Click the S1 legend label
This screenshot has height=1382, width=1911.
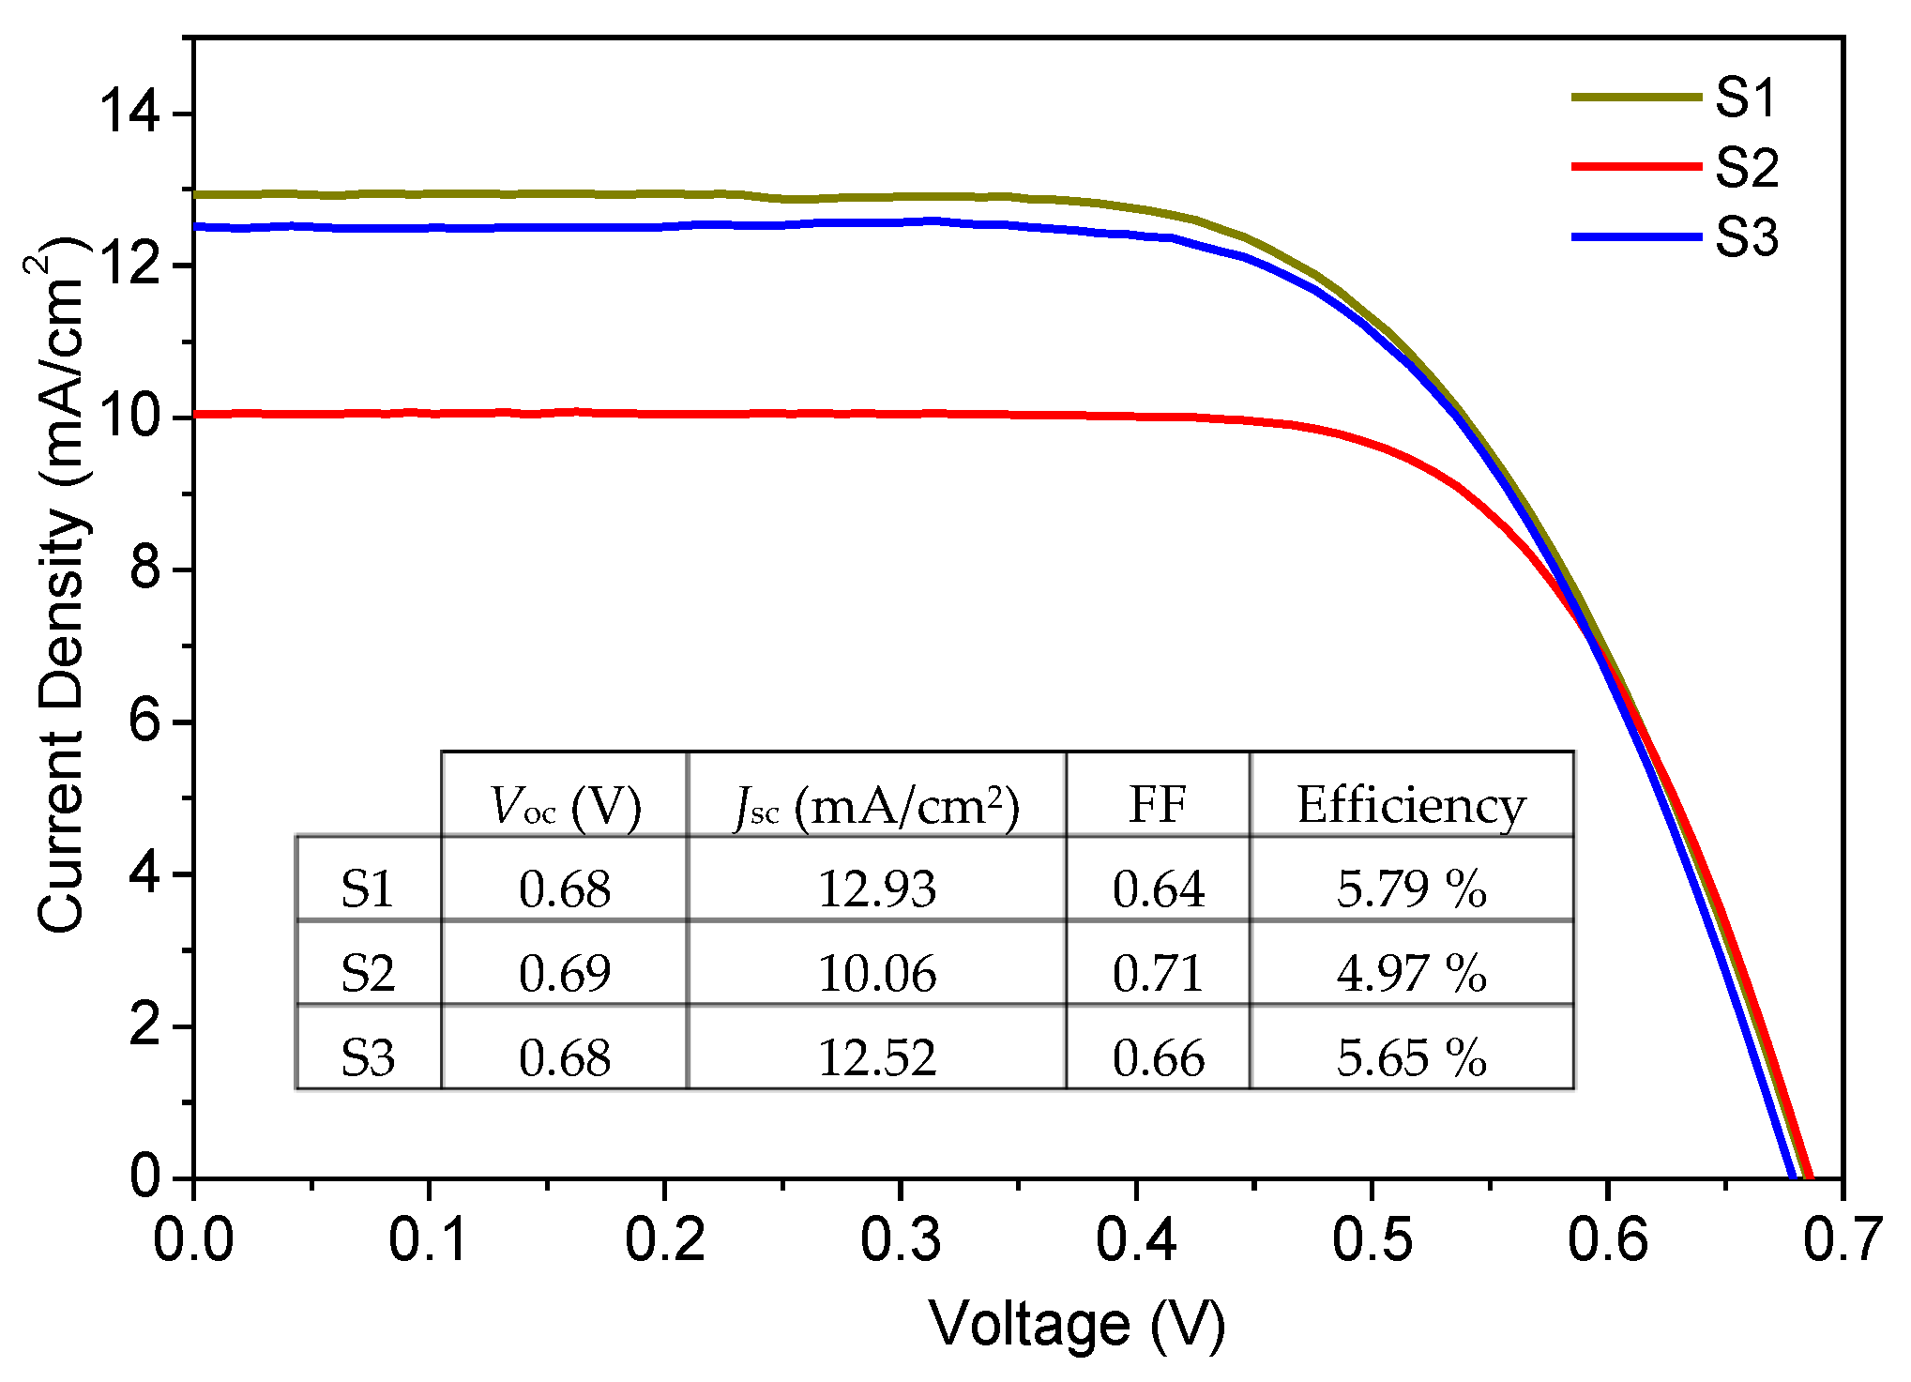click(1746, 98)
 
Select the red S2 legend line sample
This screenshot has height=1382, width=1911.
click(1636, 167)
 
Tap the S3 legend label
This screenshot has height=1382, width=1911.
click(1746, 237)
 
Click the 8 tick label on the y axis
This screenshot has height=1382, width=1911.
click(145, 570)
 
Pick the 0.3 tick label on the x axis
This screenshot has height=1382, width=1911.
click(900, 1239)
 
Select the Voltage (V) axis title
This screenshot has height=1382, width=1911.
click(1077, 1325)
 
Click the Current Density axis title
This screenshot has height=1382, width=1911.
click(60, 591)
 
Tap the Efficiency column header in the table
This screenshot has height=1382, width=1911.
click(1411, 805)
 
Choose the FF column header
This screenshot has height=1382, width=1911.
click(1158, 805)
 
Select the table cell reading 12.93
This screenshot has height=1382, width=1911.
click(876, 888)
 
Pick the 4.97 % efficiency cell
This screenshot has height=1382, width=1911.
click(1411, 973)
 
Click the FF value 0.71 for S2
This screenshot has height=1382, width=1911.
click(1158, 973)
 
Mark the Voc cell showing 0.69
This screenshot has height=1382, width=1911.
click(564, 973)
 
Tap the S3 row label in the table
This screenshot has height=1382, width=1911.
click(368, 1057)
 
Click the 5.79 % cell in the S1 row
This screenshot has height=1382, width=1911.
click(1411, 888)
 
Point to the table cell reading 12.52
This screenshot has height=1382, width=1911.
click(876, 1057)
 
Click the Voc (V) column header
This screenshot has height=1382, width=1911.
click(564, 806)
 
